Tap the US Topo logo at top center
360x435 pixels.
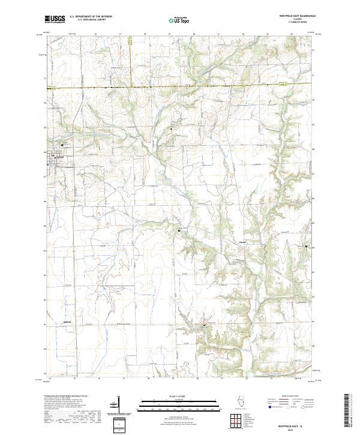(179, 19)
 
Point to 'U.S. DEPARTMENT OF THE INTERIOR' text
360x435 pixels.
(91, 17)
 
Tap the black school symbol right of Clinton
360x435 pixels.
(307, 247)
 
